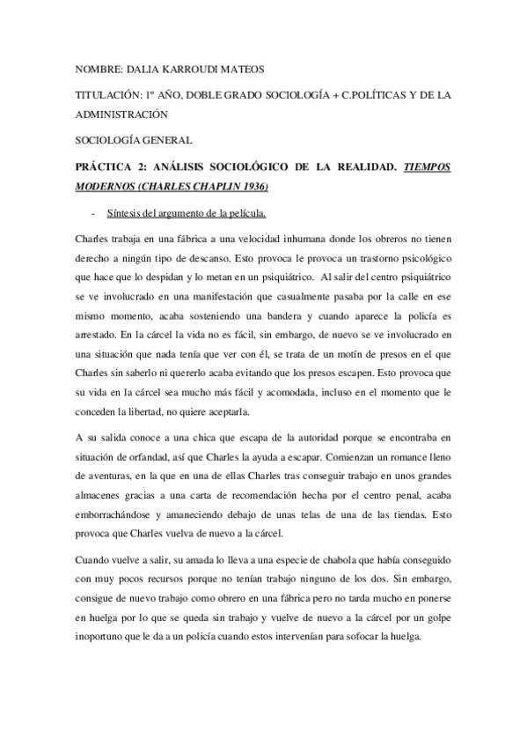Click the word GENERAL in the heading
(165, 138)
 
